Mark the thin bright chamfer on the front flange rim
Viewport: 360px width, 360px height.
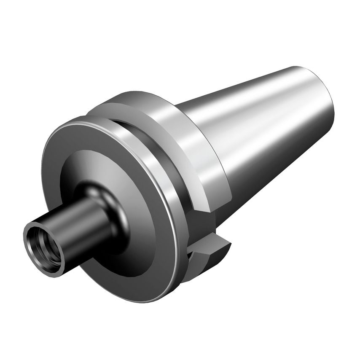coord(139,139)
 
